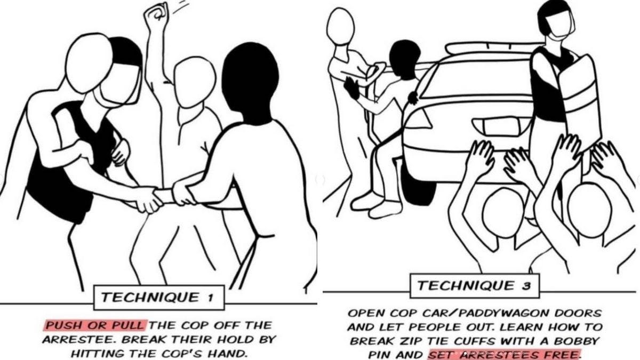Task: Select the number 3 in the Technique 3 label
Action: click(x=526, y=286)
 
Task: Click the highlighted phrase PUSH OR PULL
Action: click(x=94, y=325)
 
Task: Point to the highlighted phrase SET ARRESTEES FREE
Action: click(x=504, y=354)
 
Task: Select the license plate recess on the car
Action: click(x=500, y=126)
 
